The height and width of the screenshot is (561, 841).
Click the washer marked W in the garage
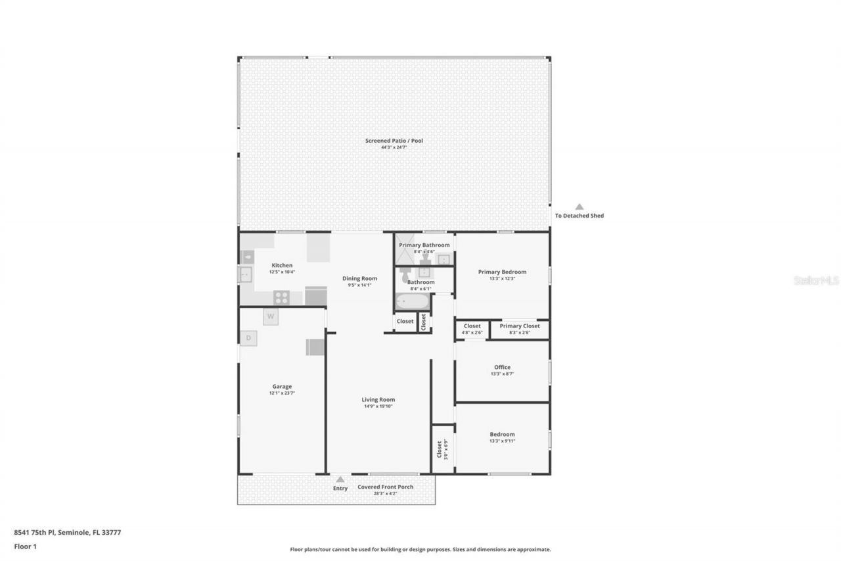coord(271,316)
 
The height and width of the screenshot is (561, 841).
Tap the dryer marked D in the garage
coord(248,338)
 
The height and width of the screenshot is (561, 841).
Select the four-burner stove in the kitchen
coord(281,297)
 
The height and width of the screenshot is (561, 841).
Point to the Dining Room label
coord(359,278)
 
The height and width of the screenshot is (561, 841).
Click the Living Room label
coord(378,399)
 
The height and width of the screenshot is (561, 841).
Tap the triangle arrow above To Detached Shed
coord(579,207)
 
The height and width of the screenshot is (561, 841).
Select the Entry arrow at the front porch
coord(340,479)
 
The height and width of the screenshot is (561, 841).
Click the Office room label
coord(502,367)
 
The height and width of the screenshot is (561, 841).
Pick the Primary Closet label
coord(519,326)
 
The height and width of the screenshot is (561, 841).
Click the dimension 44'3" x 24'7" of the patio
coord(394,147)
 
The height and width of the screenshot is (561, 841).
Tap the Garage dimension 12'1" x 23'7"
coord(282,393)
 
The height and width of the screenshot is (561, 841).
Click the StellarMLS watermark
coord(815,280)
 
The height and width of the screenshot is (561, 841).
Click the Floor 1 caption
coord(25,546)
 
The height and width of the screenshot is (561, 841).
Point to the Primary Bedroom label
coord(502,272)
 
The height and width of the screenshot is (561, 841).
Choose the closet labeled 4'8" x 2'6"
coord(472,329)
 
